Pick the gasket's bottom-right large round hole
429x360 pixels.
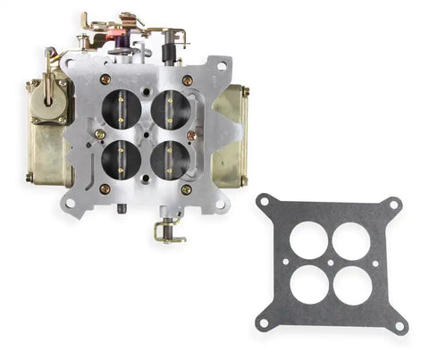point(352,283)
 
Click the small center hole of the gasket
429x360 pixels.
point(332,263)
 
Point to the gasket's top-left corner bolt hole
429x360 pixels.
point(265,202)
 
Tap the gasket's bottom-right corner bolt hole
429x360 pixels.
point(399,325)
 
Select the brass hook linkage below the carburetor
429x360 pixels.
point(166,231)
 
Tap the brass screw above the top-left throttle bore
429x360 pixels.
point(105,80)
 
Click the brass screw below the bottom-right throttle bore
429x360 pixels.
point(186,189)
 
